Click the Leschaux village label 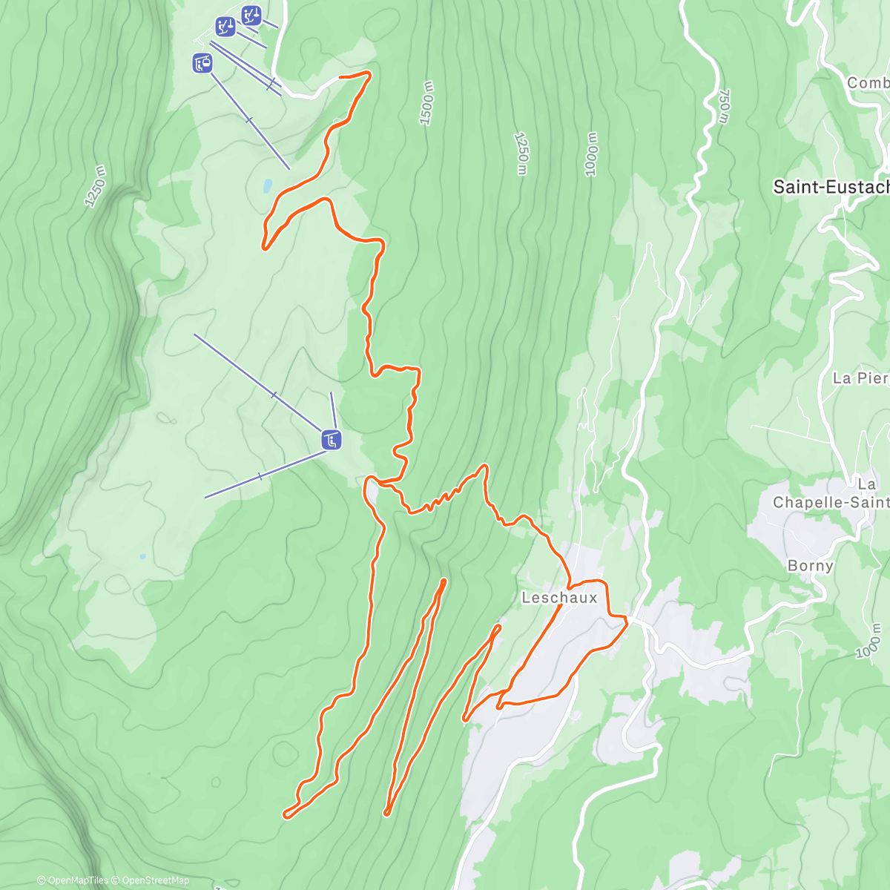[559, 598]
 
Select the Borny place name [810, 566]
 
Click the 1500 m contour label [427, 104]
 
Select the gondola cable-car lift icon [202, 64]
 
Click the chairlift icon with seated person [331, 440]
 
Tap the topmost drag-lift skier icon [251, 14]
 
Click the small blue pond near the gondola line [266, 185]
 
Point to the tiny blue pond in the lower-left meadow [142, 556]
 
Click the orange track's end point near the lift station [340, 76]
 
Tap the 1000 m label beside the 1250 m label [591, 155]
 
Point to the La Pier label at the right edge [860, 378]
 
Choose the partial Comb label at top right [868, 83]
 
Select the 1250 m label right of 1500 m [521, 154]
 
